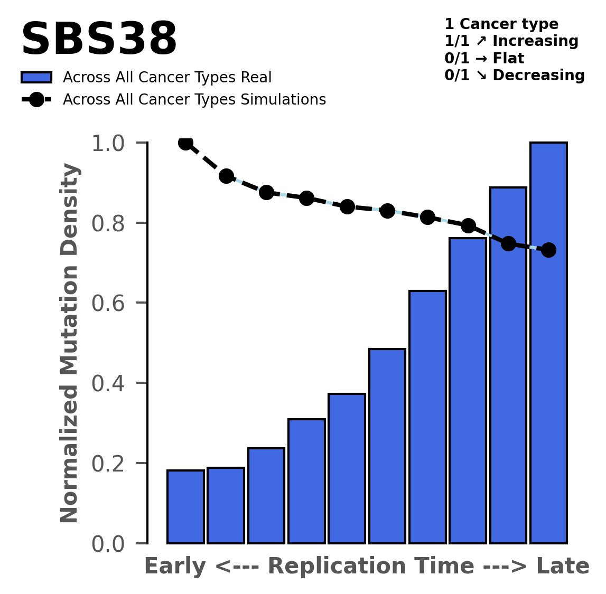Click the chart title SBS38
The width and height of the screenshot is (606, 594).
click(99, 40)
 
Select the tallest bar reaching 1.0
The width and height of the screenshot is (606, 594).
click(548, 343)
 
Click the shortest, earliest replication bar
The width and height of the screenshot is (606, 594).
click(185, 506)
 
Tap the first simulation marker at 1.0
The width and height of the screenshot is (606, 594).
click(185, 143)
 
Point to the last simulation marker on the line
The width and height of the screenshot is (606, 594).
click(548, 250)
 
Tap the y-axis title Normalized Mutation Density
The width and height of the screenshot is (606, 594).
click(70, 343)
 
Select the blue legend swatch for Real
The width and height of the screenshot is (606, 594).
click(36, 78)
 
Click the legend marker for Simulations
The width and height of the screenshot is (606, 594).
click(36, 99)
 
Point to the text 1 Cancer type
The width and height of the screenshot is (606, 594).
click(501, 24)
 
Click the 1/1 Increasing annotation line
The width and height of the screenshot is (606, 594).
click(511, 41)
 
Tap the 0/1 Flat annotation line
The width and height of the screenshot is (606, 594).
click(484, 58)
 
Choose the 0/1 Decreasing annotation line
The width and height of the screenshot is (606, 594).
click(514, 76)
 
